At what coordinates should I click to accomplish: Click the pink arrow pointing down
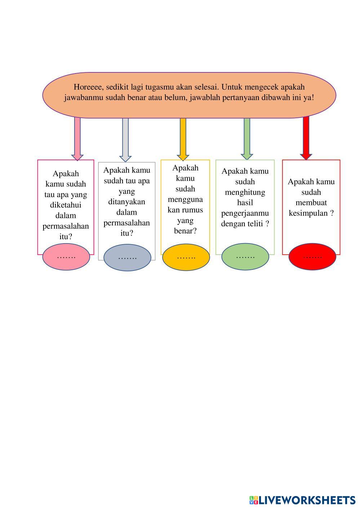(x=77, y=139)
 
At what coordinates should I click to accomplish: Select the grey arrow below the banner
(x=125, y=140)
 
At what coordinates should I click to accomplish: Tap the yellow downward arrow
(x=183, y=139)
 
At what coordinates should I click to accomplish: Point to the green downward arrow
(x=247, y=139)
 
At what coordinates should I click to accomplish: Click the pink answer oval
(x=66, y=257)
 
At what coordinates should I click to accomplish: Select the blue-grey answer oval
(x=127, y=258)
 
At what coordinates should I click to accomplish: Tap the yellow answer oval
(x=186, y=257)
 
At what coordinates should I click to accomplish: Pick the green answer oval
(x=245, y=256)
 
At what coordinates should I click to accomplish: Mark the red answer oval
(x=312, y=256)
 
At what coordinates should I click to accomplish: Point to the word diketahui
(x=66, y=205)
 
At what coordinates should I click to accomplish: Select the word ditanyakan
(x=126, y=202)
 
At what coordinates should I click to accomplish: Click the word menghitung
(x=245, y=192)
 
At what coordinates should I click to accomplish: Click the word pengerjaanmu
(x=245, y=213)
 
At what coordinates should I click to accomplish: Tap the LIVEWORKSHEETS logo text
(x=307, y=500)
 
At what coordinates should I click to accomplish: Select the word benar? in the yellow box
(x=185, y=231)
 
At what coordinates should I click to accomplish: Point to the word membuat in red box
(x=311, y=203)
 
